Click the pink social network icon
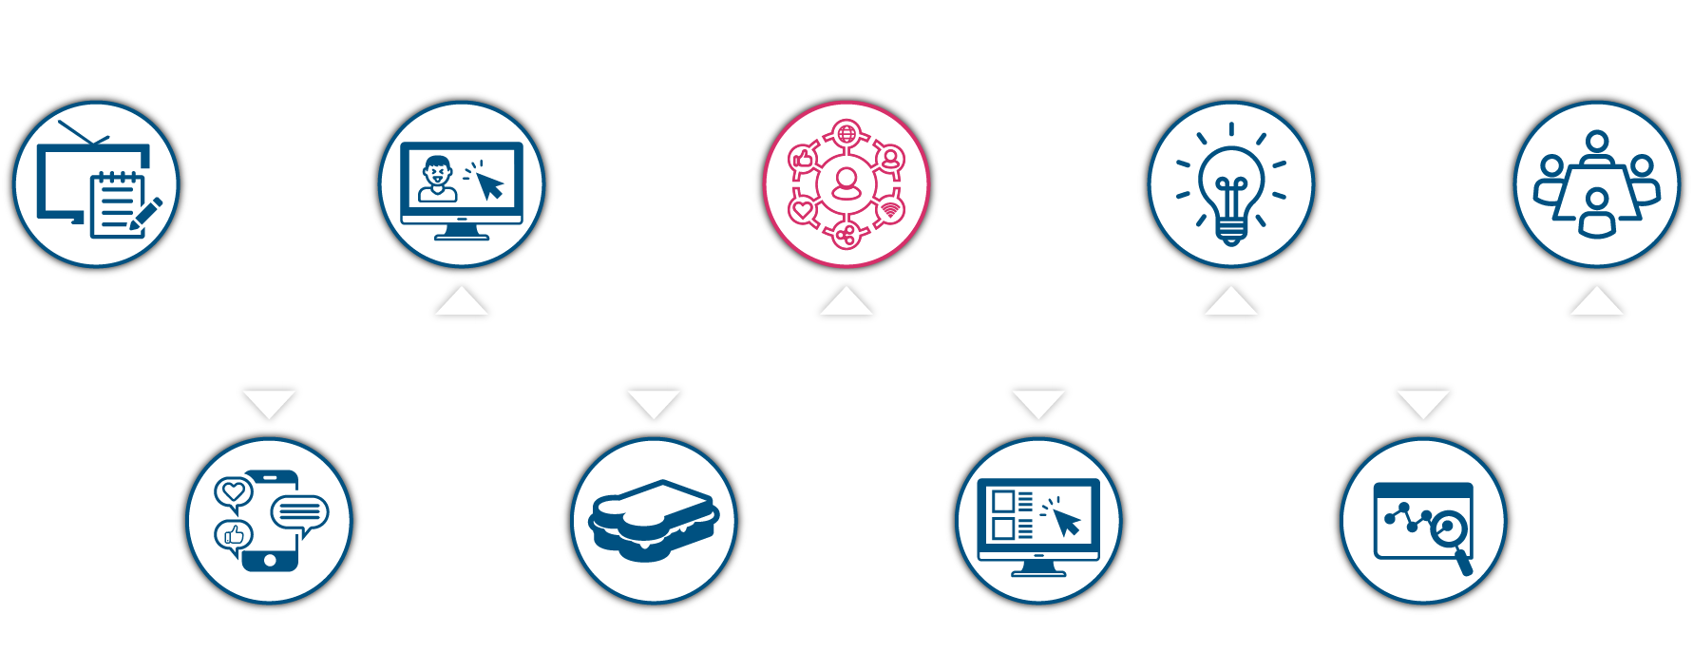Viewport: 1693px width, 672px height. [846, 183]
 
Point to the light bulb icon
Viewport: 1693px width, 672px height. [1231, 185]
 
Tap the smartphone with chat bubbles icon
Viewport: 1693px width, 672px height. [269, 521]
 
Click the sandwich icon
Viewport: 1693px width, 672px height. [654, 521]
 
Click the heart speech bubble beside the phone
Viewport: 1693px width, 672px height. [233, 492]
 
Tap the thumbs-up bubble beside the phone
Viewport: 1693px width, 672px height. [233, 536]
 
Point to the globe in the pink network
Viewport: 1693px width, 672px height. [846, 132]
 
